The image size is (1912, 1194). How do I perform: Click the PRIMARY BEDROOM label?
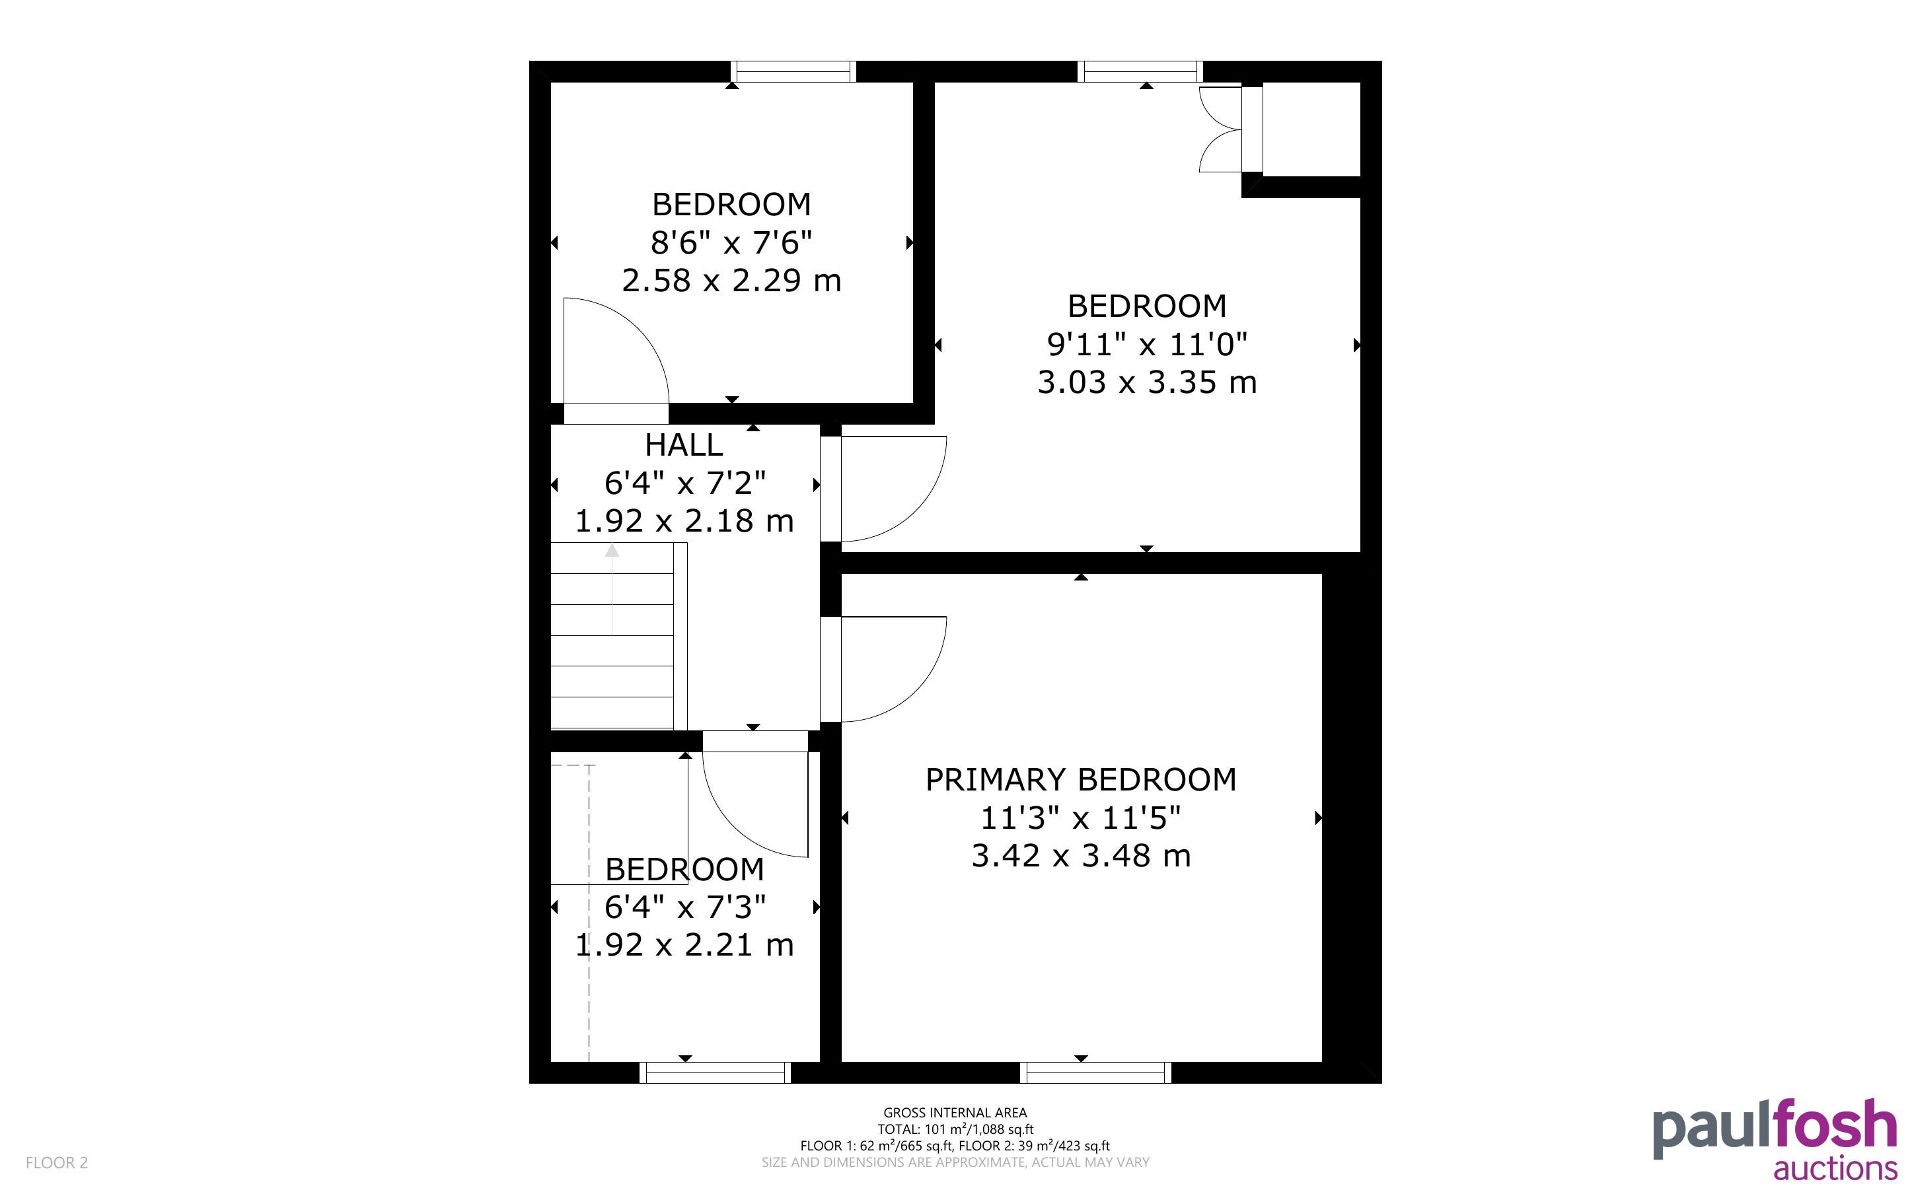pos(1080,780)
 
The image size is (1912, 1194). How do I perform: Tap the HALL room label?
pos(684,445)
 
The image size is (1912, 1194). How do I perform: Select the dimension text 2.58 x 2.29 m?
pos(731,280)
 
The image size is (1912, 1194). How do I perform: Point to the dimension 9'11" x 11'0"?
pos(1147,344)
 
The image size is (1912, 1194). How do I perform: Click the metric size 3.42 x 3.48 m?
pos(1080,856)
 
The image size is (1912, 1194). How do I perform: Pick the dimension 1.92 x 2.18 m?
pos(684,521)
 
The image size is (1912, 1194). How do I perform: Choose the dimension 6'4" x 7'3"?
pos(684,907)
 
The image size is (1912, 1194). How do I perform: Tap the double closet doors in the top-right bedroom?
pos(1221,129)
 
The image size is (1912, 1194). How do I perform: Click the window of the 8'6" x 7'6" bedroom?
pos(793,72)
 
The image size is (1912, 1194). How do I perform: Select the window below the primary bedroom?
pos(1095,1072)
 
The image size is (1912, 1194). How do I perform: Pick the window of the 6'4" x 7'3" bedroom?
pos(715,1072)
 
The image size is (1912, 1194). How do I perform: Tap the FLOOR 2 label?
pos(57,1162)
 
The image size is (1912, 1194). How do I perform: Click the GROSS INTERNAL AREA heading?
pos(955,1113)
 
